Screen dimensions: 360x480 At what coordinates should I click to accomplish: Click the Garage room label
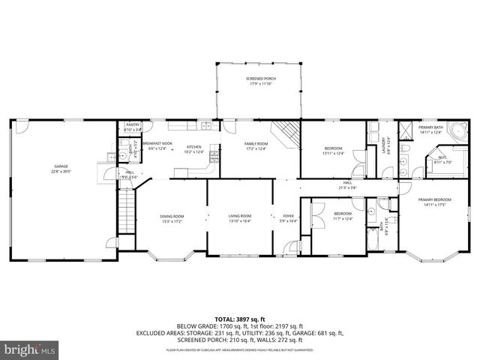(x=61, y=166)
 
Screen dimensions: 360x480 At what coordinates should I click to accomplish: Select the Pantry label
(x=133, y=125)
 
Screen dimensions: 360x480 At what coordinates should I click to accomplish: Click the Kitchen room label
(x=194, y=147)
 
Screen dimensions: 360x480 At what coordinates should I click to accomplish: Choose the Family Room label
(x=256, y=144)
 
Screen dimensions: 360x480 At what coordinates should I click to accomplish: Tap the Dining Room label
(x=172, y=217)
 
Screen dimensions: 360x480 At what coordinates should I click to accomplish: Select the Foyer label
(x=288, y=217)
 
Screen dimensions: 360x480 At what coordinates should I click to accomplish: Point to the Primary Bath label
(x=430, y=127)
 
